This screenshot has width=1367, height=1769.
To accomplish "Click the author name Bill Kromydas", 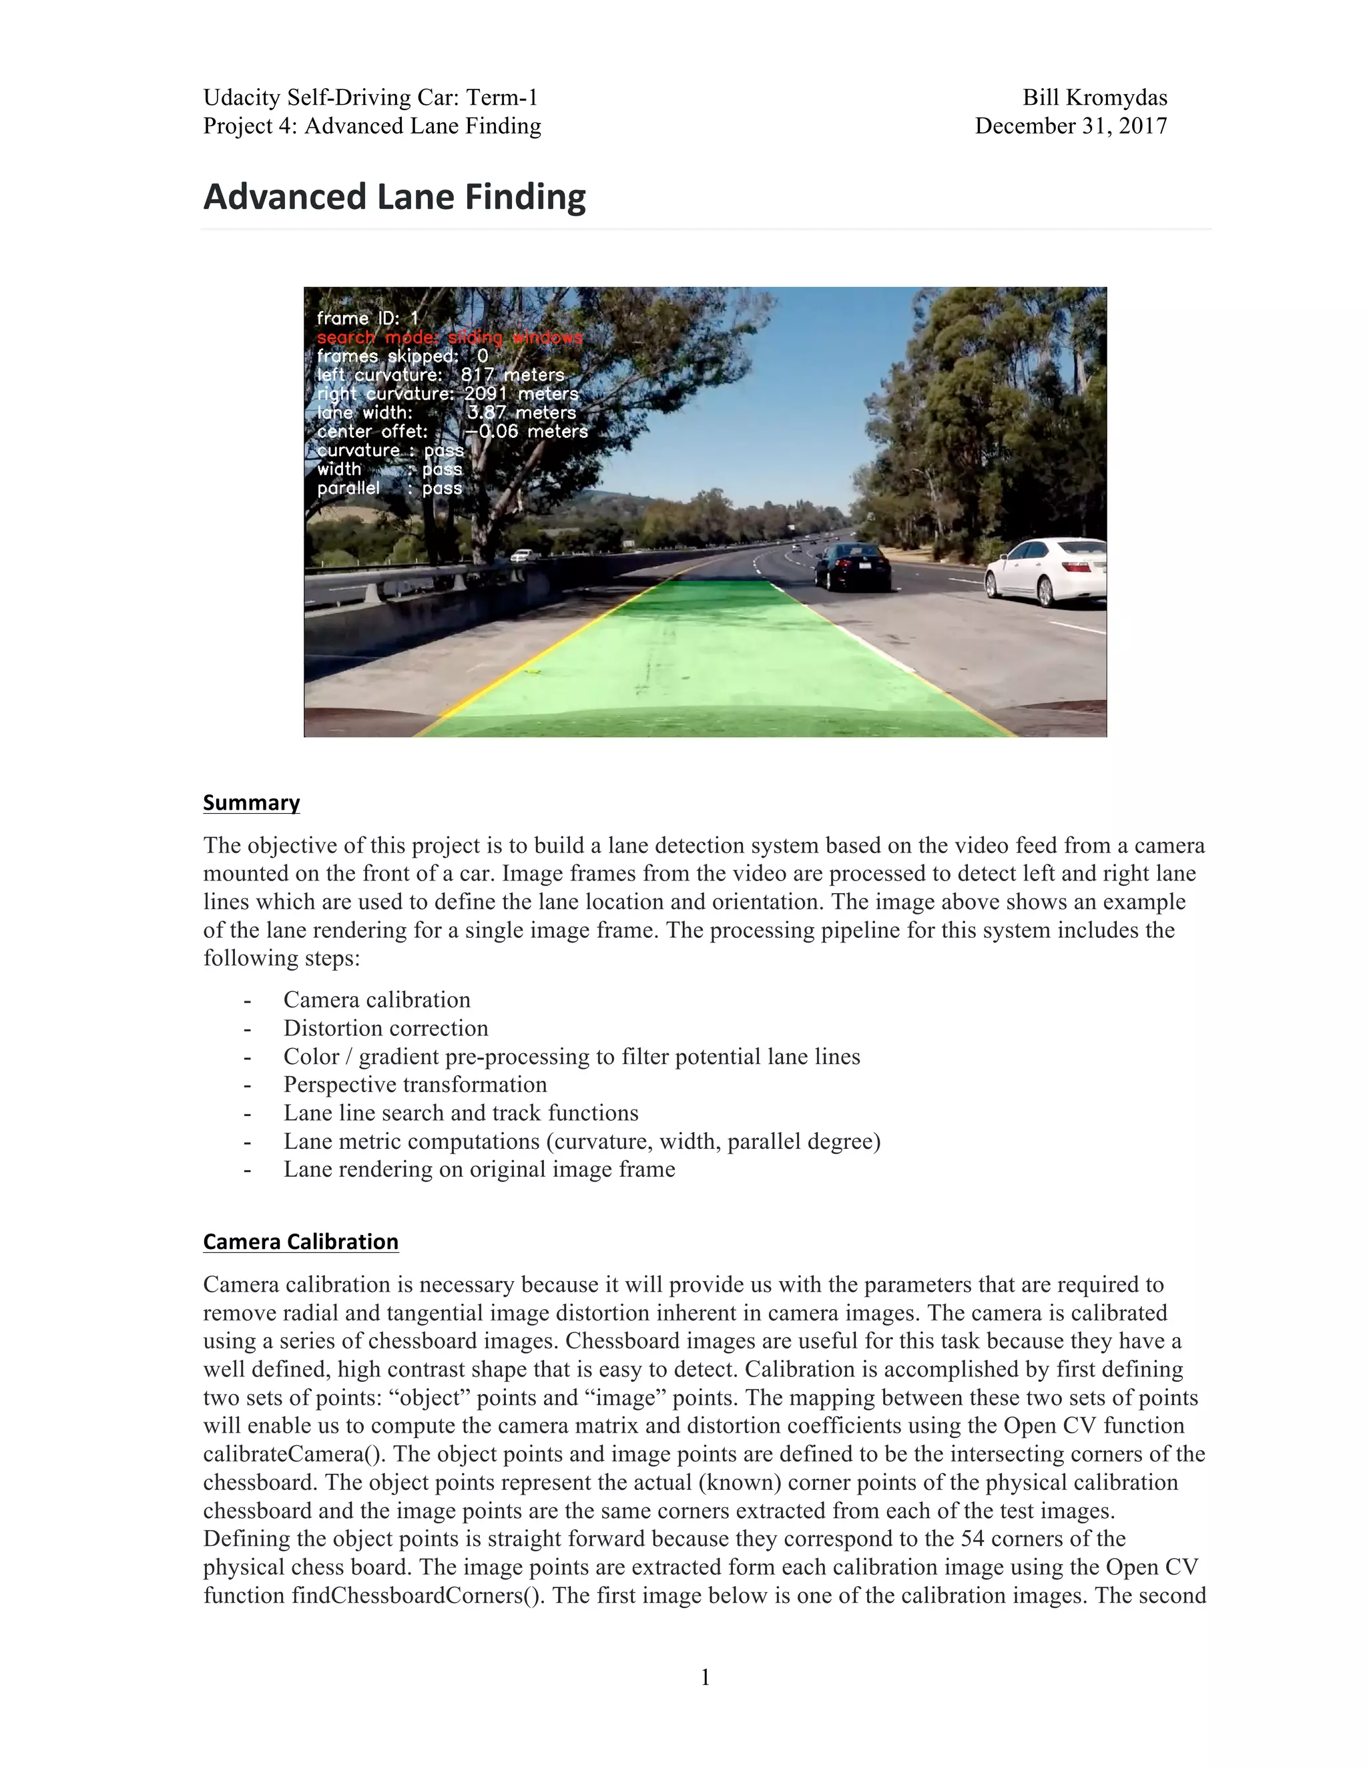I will (x=1094, y=98).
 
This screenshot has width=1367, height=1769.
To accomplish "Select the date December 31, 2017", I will (x=1071, y=126).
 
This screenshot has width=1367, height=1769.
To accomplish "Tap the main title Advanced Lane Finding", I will (x=394, y=197).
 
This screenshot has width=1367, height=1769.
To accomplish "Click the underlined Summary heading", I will (x=251, y=802).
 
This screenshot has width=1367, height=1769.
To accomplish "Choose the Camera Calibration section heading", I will (x=300, y=1241).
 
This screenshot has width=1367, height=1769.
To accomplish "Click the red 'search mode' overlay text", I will (x=449, y=337).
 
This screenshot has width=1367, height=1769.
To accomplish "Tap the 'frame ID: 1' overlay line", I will (x=367, y=318).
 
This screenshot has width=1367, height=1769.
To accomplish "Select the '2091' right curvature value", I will (x=485, y=394).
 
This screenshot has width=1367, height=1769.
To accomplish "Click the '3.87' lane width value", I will (x=486, y=413).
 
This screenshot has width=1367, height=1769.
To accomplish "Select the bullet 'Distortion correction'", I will (x=386, y=1028).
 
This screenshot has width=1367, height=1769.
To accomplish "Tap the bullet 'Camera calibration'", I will (x=376, y=999).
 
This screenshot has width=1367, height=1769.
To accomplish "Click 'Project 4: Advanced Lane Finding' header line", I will (x=372, y=126).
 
